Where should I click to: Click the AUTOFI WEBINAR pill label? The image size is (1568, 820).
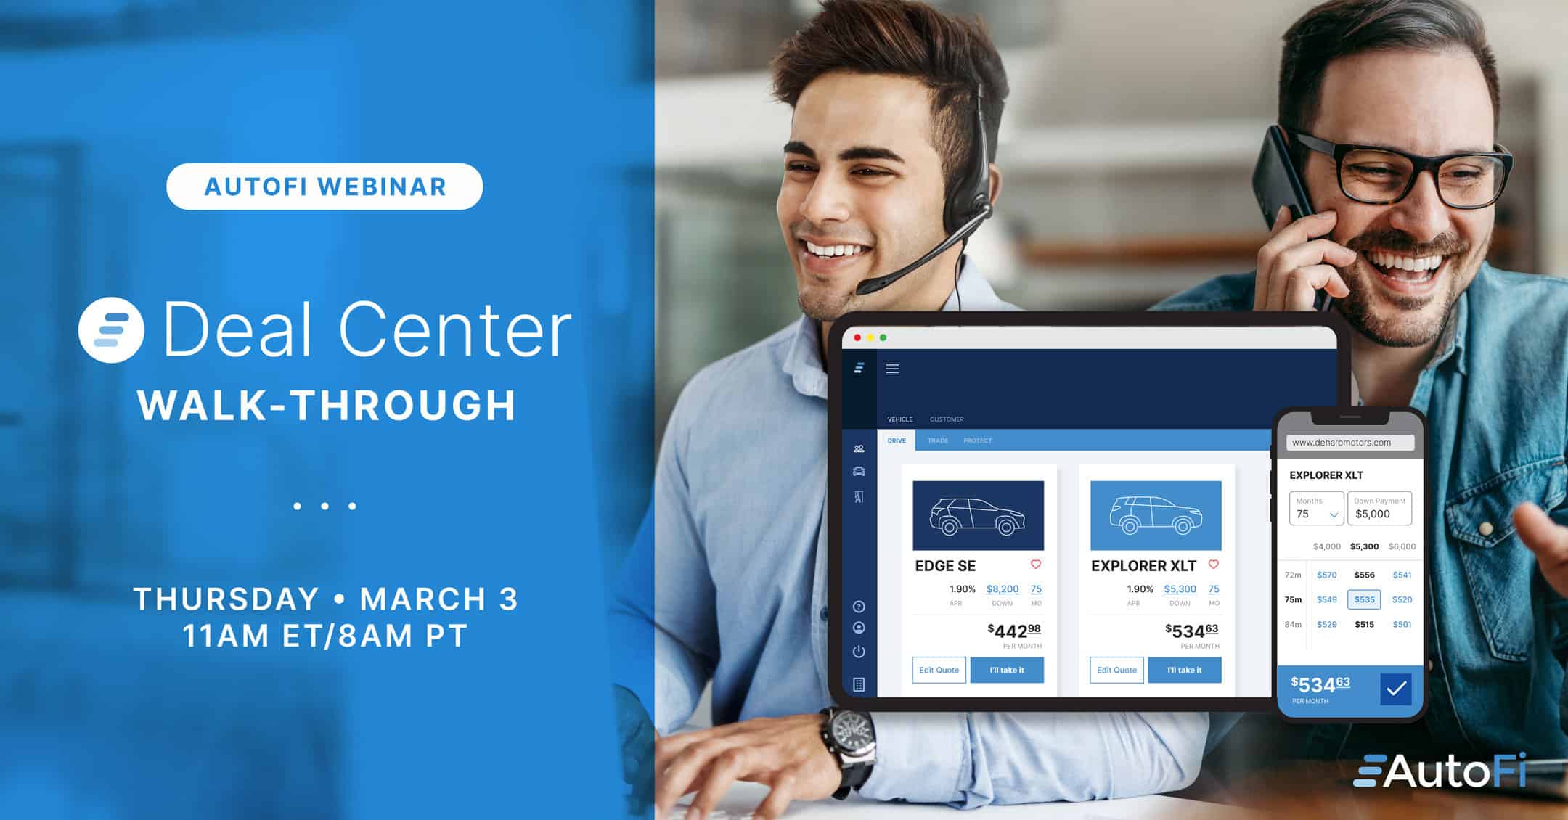324,186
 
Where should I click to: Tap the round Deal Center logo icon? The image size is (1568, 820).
111,330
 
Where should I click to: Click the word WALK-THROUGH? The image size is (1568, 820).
327,405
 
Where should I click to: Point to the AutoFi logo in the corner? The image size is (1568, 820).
1440,770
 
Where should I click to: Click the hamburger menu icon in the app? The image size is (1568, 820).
893,369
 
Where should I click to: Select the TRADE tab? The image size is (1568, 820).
938,440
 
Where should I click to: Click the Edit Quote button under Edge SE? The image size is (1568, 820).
939,670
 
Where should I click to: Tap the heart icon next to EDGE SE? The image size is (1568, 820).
1036,565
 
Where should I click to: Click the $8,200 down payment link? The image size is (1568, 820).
1003,589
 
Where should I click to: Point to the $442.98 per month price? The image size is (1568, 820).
1014,631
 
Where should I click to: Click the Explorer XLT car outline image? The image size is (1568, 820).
1156,515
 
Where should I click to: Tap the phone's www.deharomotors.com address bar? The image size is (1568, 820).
1350,443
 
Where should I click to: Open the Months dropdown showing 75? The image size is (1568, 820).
1316,508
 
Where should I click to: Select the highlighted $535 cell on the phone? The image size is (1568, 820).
1364,599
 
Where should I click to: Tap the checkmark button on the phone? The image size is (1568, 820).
1396,689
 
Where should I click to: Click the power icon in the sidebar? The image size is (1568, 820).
859,652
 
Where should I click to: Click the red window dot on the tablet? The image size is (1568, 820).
857,337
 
